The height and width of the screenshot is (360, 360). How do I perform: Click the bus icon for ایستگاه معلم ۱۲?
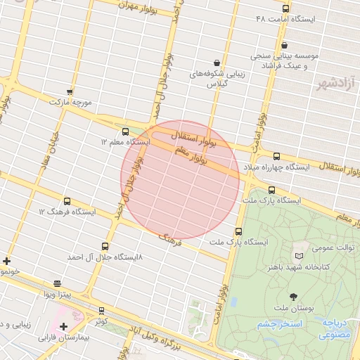pos(125,131)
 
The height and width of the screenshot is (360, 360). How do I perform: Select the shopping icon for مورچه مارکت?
pos(69,91)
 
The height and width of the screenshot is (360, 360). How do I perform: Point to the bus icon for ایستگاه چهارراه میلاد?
pos(276,156)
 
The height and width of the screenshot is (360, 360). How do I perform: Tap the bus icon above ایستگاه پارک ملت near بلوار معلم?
pos(271,190)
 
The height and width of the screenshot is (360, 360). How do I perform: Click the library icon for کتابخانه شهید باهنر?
pos(301,256)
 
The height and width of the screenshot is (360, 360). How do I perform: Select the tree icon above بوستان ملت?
pos(293,297)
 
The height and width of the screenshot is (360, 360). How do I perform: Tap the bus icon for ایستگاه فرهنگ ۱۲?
pos(67,201)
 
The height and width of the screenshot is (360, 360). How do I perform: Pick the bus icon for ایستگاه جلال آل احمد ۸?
pos(105,246)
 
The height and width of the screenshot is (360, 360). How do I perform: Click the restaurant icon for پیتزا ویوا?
pos(57,283)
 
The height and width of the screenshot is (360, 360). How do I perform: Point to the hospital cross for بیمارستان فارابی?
pos(63,326)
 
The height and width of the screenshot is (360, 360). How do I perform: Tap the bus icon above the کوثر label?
pos(101,310)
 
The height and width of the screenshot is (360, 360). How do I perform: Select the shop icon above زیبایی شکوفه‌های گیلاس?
pos(215,63)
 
